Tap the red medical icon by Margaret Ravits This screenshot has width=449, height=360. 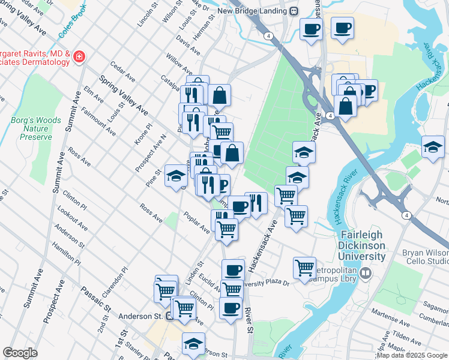(x=79, y=58)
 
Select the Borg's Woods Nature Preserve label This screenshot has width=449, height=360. (x=36, y=128)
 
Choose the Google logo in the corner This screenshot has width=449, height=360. (x=20, y=353)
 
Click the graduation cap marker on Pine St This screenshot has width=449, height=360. (x=176, y=175)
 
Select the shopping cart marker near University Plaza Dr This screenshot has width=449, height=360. (x=305, y=268)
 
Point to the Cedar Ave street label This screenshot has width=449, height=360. (x=122, y=72)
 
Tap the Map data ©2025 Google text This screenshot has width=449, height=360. (x=412, y=355)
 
